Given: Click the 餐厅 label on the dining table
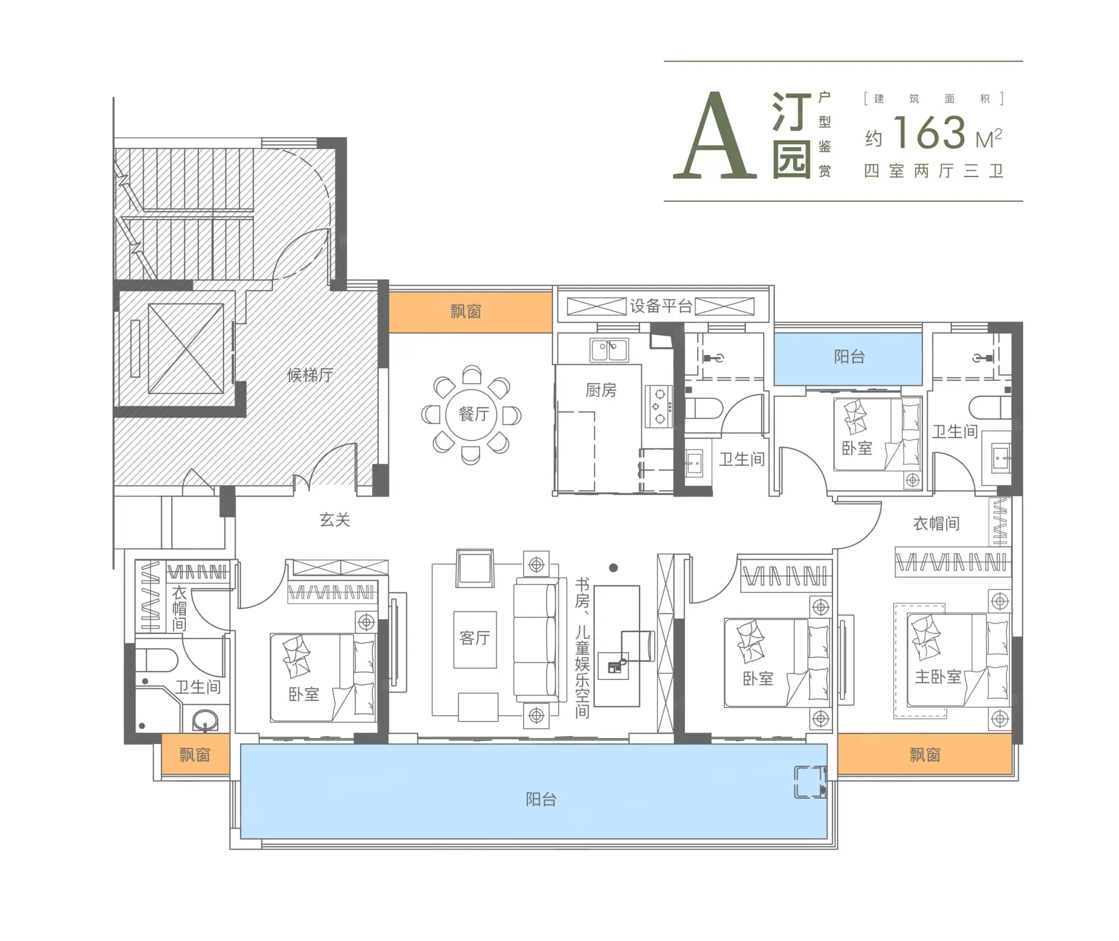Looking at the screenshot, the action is (474, 414).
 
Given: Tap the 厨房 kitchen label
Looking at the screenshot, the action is (601, 390).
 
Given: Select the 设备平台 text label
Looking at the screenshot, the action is (661, 306).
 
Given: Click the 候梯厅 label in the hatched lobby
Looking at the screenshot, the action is (310, 375).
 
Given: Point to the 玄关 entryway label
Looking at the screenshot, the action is (335, 519).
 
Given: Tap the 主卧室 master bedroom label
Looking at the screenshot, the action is (938, 677).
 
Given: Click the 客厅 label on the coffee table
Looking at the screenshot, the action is (475, 638).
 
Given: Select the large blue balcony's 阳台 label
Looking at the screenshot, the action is (541, 799).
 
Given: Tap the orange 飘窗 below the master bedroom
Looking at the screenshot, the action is (924, 754).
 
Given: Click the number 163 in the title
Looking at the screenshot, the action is (930, 133).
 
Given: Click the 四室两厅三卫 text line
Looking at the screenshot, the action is (934, 171).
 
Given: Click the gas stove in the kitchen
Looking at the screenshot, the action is (659, 406).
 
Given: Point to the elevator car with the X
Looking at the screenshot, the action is (186, 348).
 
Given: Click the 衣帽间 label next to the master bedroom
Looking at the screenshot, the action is (936, 523).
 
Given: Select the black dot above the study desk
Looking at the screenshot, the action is (614, 568).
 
